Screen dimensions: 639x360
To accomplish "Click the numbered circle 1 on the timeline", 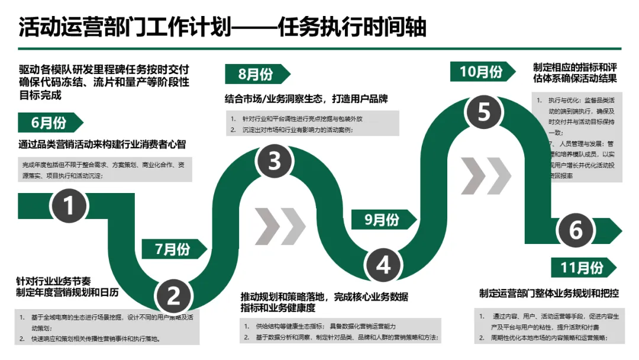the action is (69, 206).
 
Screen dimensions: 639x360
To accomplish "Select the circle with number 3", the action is (275, 160).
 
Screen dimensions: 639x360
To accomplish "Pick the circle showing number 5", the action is (484, 111).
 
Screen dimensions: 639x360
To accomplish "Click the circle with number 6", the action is (575, 230).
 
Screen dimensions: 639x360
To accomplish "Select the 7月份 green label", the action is (173, 249).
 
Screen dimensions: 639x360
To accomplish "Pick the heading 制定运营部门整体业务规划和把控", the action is (549, 293).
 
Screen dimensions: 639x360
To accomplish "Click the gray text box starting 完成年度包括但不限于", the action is (104, 170).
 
